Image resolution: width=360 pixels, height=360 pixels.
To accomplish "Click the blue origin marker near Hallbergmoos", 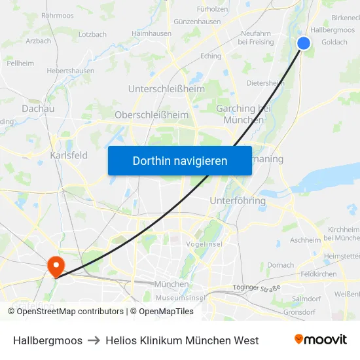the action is [x=304, y=43].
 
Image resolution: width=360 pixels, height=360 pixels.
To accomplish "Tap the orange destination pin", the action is [x=55, y=265].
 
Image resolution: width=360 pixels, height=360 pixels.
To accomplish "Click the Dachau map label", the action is [x=38, y=109].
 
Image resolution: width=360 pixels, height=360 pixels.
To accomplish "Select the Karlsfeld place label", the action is [x=69, y=155].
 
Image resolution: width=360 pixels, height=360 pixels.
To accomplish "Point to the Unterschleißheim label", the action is [x=166, y=89].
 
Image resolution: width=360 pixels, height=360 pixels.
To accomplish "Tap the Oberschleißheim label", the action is [x=151, y=115].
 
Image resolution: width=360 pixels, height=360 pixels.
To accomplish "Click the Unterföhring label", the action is [x=238, y=200].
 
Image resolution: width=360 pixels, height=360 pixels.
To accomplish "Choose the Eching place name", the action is [x=211, y=56].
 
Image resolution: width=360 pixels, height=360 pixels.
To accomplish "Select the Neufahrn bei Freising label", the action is [x=255, y=37].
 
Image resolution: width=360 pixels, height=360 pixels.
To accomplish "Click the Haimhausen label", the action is [x=151, y=33].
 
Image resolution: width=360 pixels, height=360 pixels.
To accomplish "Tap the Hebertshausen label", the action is [x=68, y=69].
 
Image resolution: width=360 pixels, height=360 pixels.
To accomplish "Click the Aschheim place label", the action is [x=305, y=240].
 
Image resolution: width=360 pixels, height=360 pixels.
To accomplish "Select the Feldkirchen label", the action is [x=318, y=274].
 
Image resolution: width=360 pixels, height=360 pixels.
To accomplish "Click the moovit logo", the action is [x=321, y=340].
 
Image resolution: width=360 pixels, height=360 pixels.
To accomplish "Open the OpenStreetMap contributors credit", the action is [x=70, y=312].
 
